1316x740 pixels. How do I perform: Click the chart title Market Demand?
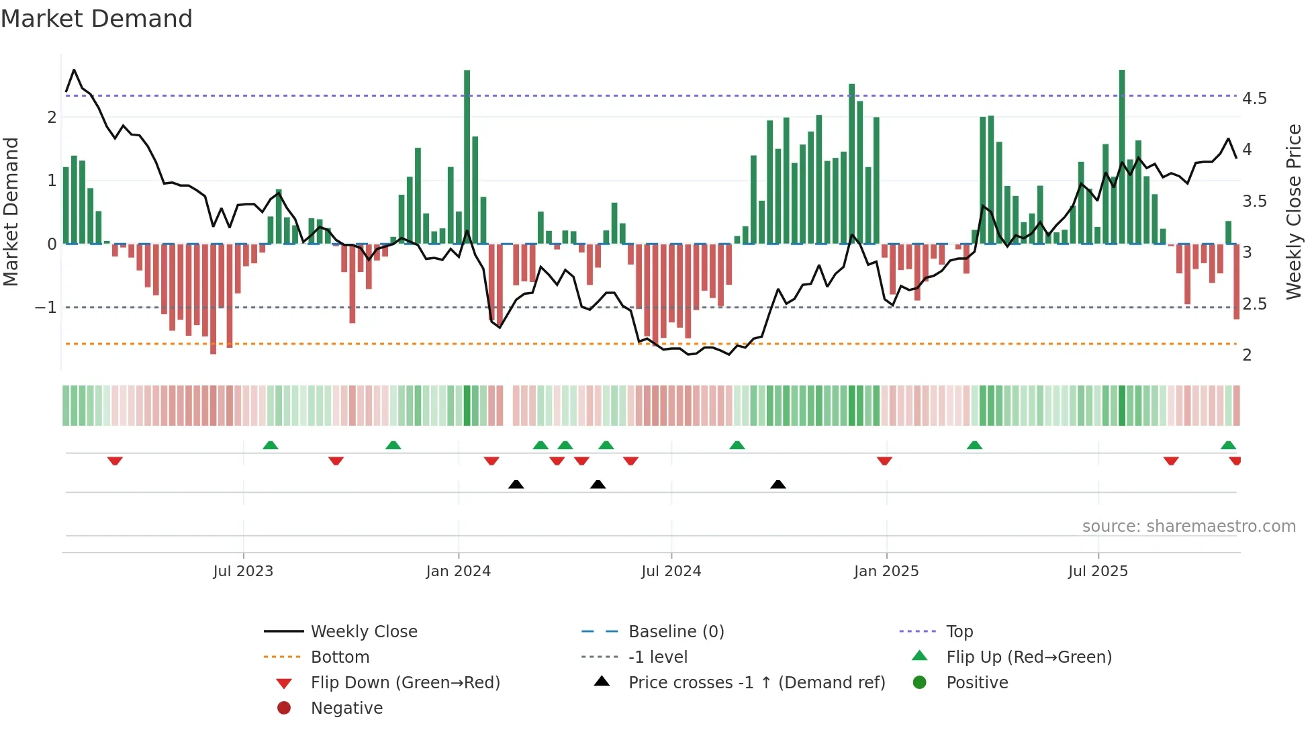tap(97, 19)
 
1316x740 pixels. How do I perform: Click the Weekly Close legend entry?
tap(363, 632)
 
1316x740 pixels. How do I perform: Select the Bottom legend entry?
tap(340, 657)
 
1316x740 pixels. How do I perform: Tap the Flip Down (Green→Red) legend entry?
tap(405, 683)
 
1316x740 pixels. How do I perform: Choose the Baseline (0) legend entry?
tap(675, 632)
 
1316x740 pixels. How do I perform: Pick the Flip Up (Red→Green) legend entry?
tap(1029, 657)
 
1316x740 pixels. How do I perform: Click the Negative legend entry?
tap(346, 708)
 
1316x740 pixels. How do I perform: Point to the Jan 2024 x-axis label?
tap(459, 571)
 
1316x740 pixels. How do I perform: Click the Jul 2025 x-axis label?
tap(1098, 571)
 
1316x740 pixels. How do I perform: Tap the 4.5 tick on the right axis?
tap(1254, 99)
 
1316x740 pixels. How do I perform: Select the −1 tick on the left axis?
tap(46, 308)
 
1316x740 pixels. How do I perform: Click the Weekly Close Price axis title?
tap(1293, 212)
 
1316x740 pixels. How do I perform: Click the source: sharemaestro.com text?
tap(1188, 526)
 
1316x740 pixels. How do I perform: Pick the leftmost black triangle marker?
tap(516, 484)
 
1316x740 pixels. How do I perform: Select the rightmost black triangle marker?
tap(778, 484)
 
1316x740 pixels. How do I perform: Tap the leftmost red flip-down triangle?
tap(115, 461)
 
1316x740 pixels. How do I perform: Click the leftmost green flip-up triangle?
tap(270, 445)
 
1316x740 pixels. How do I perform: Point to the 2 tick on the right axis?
tap(1247, 355)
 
